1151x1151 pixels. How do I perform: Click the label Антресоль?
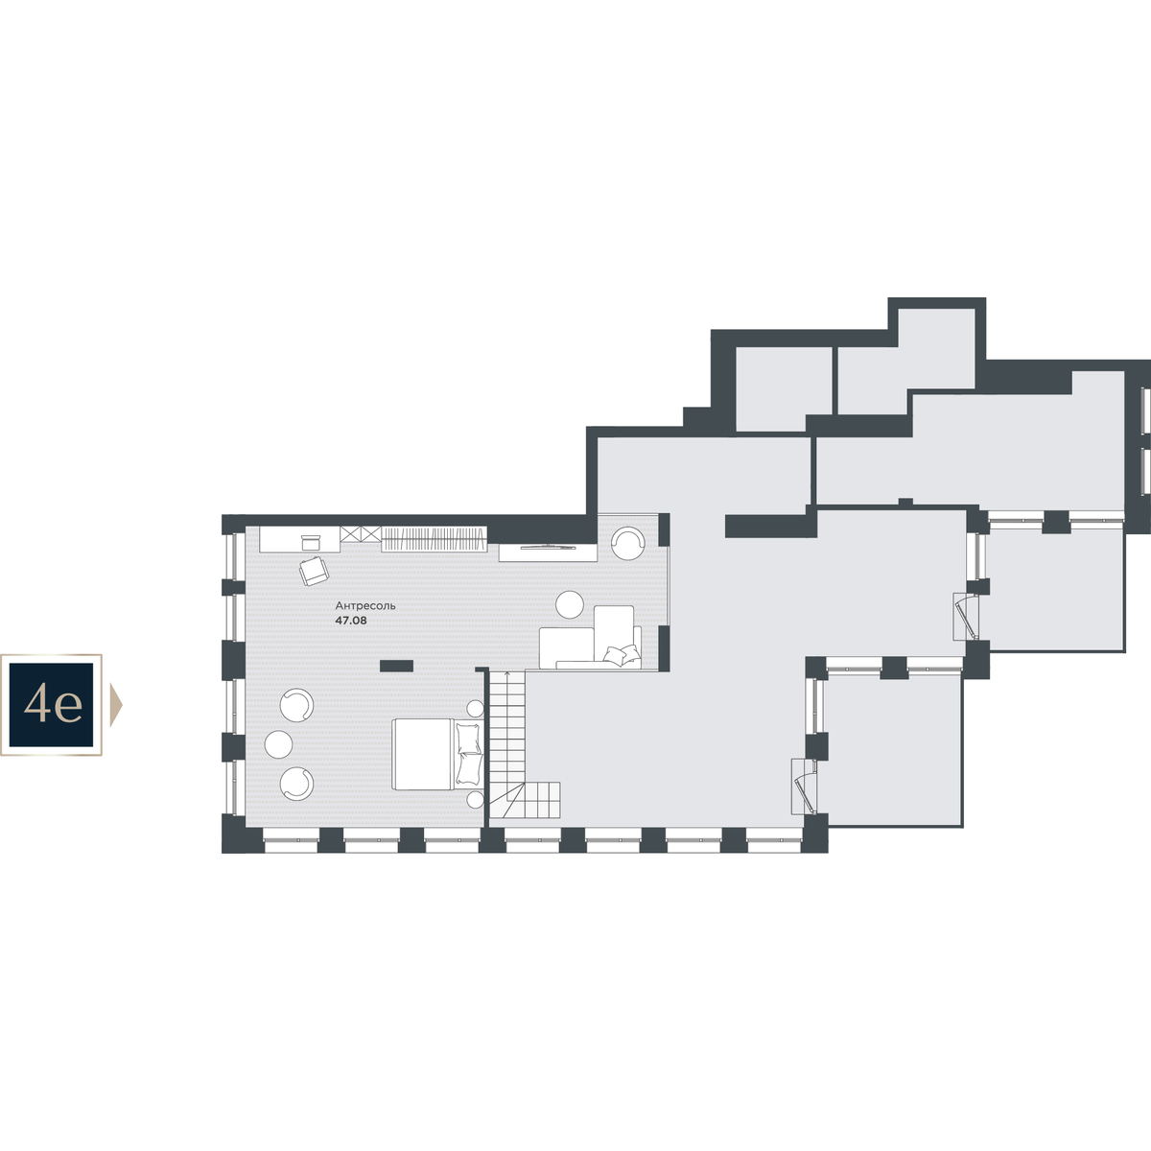coord(364,605)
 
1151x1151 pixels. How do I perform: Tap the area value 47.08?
coord(351,621)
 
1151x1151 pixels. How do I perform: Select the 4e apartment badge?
coord(51,705)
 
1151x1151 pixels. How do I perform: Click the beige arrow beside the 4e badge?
coord(116,705)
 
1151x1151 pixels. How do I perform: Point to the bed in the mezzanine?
coord(437,754)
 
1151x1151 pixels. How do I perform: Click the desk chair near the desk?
coord(315,571)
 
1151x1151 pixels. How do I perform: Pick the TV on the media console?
coord(548,547)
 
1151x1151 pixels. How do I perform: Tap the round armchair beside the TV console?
coord(627,542)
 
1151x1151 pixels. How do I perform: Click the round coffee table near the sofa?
coord(569,605)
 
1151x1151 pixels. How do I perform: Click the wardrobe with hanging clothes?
coord(434,539)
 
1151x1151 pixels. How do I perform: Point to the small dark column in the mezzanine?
coord(396,666)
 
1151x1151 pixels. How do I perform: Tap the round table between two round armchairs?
coord(278,744)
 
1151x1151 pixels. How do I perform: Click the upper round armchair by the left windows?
coord(296,705)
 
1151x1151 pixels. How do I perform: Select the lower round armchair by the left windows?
coord(296,784)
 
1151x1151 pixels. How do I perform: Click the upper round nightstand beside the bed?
coord(475,709)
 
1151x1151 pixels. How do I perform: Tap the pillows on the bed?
coord(469,754)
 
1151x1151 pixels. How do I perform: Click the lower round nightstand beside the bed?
coord(475,799)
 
